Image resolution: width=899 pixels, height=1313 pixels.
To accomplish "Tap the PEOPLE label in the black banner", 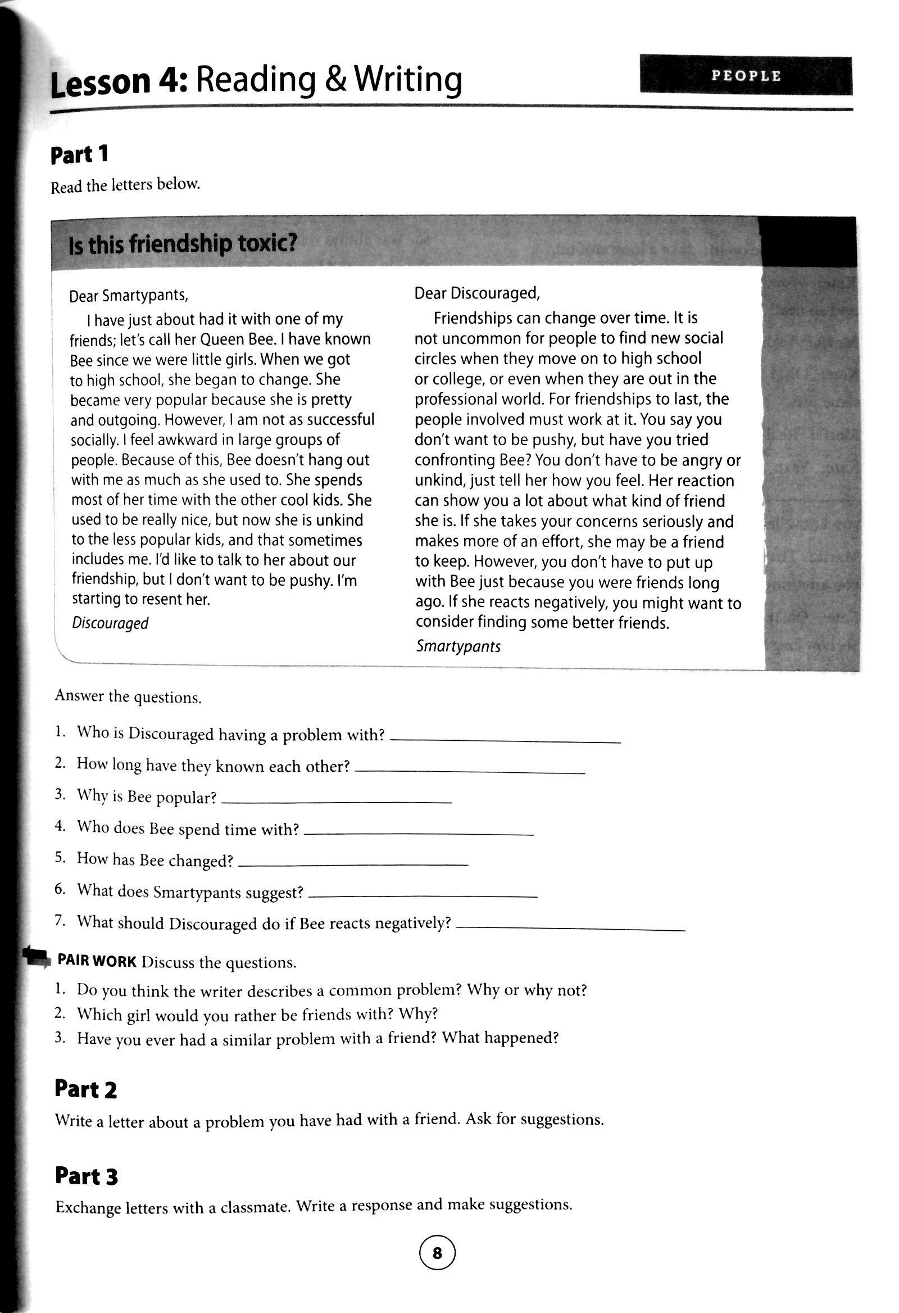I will click(746, 76).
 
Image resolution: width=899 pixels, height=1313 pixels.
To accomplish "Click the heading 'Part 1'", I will click(79, 155).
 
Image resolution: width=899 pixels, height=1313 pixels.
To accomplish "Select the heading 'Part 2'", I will click(86, 1090).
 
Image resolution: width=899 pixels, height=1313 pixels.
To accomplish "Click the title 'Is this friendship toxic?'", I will click(183, 245).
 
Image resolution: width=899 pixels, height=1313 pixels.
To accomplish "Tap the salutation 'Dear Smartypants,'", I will click(129, 296).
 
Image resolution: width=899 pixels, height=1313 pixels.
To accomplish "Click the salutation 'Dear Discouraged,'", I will click(477, 293).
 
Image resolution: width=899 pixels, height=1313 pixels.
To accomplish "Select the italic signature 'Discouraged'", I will click(110, 623).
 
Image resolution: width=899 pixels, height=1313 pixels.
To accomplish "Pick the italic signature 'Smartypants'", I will click(458, 646).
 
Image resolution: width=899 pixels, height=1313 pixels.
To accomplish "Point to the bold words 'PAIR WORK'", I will click(97, 962).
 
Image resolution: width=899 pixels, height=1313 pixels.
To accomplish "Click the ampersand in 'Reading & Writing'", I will click(334, 80).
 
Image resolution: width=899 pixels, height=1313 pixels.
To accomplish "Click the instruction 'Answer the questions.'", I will click(128, 696).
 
